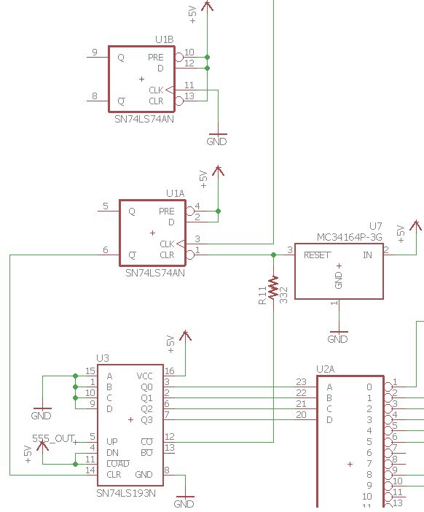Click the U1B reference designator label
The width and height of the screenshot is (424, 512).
(x=164, y=39)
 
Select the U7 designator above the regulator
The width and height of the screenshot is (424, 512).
(x=375, y=227)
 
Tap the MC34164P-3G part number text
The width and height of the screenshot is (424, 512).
(x=350, y=237)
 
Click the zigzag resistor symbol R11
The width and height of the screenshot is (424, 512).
(x=273, y=287)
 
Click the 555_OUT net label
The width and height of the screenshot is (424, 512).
(x=54, y=438)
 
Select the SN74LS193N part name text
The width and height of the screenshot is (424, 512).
(x=126, y=494)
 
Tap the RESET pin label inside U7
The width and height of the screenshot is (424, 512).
(x=318, y=255)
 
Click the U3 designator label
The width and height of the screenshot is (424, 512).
(x=103, y=358)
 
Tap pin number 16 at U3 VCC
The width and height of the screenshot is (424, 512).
(x=169, y=371)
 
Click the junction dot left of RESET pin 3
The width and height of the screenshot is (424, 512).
(x=273, y=255)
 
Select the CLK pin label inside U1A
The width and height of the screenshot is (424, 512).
(x=167, y=244)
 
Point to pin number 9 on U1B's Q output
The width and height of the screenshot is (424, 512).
(x=94, y=53)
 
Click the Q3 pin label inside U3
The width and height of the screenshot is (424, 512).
(x=146, y=419)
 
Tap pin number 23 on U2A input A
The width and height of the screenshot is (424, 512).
(x=301, y=381)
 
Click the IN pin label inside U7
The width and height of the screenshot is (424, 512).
(x=367, y=255)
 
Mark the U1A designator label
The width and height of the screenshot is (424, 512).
(x=175, y=193)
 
